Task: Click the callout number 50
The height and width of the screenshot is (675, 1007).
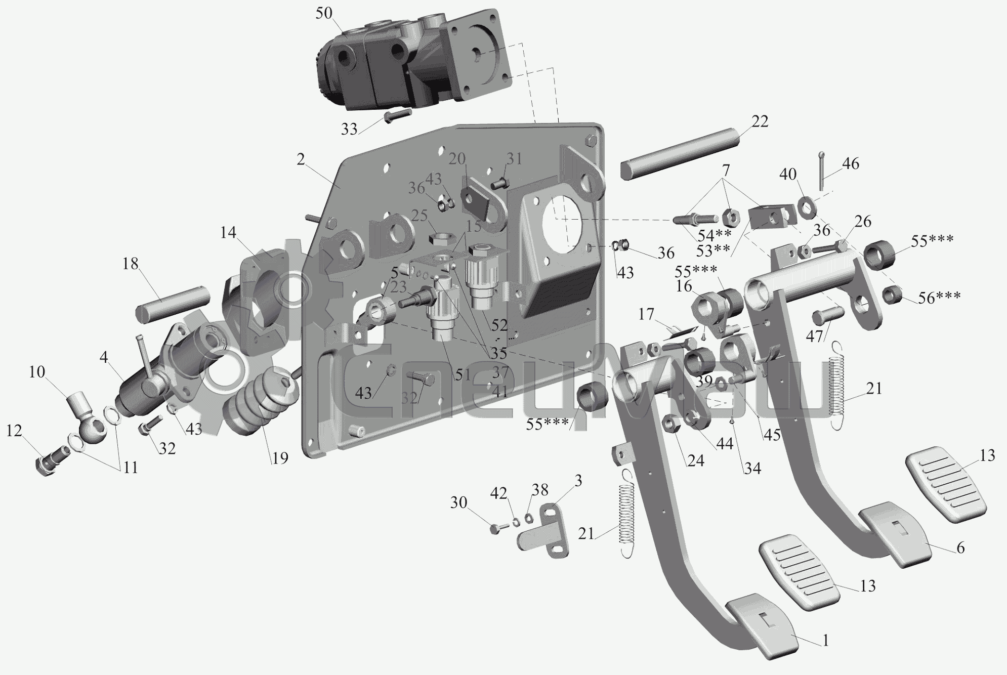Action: pos(324,13)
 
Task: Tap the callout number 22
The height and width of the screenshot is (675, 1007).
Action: pos(760,121)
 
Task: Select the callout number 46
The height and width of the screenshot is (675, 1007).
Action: pos(851,163)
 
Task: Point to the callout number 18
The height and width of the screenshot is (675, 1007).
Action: pos(131,264)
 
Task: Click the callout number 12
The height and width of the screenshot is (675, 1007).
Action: pos(15,431)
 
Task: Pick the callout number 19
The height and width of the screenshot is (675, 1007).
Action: pos(279,458)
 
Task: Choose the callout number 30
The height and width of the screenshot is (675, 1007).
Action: pos(458,502)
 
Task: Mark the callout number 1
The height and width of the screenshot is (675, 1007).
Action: pos(825,641)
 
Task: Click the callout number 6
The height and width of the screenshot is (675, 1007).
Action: pos(960,547)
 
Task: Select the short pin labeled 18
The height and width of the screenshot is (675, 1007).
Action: pos(172,303)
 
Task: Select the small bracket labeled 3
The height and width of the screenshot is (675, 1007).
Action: pos(543,531)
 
